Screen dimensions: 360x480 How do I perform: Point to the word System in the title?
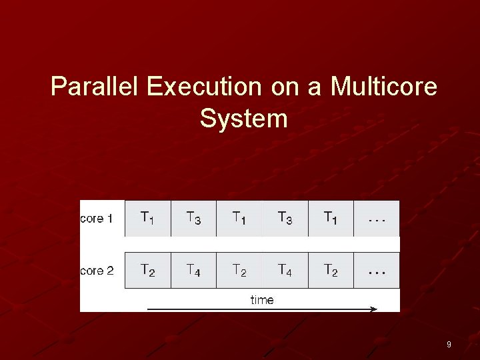[243, 119]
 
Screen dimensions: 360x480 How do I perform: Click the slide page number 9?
[449, 345]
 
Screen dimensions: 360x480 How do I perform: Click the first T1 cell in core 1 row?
[147, 218]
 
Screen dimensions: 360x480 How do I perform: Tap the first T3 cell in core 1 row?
[193, 218]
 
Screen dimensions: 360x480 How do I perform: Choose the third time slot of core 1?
[239, 218]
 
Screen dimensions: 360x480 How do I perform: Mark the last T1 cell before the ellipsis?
[331, 218]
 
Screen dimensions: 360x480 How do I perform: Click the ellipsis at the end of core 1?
[376, 218]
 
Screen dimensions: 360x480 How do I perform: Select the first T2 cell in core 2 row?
[147, 270]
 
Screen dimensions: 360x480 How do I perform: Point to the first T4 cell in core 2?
[193, 270]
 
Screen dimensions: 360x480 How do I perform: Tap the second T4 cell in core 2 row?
[285, 270]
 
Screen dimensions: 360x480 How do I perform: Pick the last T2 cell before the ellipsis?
[331, 270]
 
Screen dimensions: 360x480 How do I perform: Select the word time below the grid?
[262, 300]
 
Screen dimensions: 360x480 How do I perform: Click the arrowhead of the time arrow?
[373, 309]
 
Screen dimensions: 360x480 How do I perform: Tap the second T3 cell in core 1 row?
[285, 218]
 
